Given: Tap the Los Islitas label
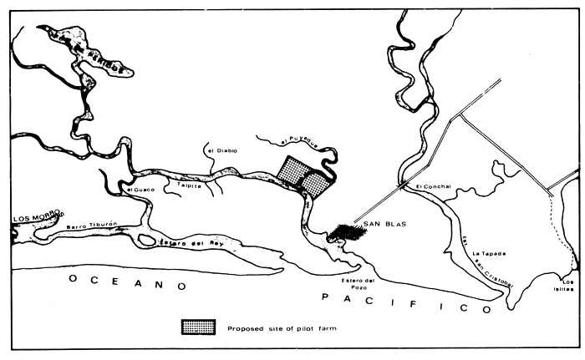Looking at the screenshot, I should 567,286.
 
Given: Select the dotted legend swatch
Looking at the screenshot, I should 199,327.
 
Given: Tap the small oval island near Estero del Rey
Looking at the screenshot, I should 146,241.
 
